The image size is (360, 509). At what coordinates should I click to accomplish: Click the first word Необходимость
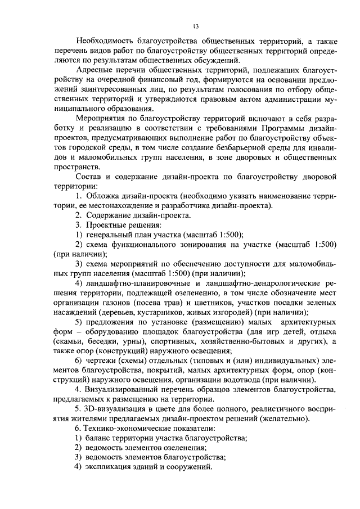tap(105, 41)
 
